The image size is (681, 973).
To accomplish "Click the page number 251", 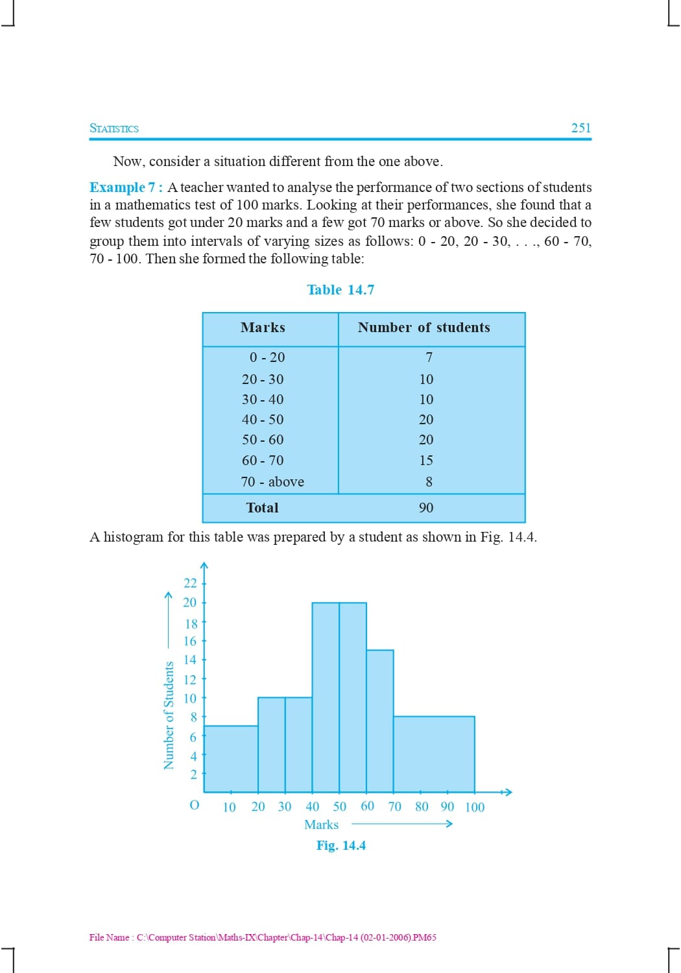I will point(580,128).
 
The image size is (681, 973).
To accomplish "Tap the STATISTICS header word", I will point(114,128).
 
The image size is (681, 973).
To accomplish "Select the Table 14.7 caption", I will point(340,290).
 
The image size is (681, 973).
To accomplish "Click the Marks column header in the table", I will point(263,328).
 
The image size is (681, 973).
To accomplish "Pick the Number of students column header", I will point(424,328).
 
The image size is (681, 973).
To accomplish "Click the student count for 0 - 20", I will point(429,357).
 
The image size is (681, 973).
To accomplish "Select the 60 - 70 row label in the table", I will point(263,461).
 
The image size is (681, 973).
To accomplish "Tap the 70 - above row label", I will point(272,482).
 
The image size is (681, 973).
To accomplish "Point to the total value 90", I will point(426,508).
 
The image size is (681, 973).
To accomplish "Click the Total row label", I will point(262,508).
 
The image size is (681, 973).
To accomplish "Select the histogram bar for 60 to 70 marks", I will point(380,720).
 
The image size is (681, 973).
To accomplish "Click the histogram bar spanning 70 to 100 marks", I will point(434,754).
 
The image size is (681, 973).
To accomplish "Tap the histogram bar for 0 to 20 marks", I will point(231,758).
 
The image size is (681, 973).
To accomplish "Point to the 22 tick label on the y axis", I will point(190,583).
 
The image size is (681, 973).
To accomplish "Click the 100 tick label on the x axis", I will point(475,808).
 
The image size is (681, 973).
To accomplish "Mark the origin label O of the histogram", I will point(194,805).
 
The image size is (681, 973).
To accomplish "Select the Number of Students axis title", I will point(169,715).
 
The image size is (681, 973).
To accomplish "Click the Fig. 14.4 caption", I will point(341,846).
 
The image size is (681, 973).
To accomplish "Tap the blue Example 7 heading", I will point(126,187).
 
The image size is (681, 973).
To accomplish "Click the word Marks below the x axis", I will point(322,825).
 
